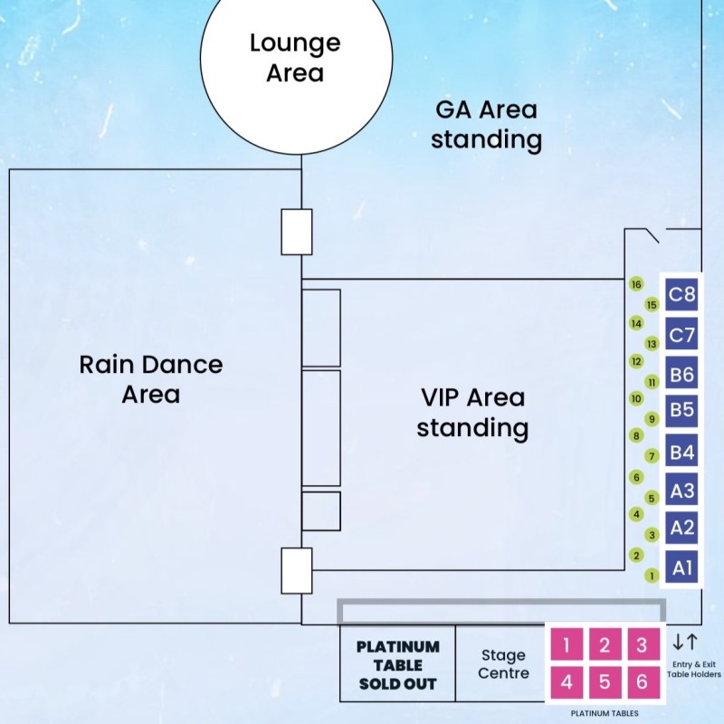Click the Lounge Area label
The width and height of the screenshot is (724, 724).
(295, 57)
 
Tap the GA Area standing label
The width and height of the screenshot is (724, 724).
(486, 125)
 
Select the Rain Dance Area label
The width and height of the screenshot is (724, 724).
(151, 379)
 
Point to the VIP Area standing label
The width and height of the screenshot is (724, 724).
(472, 412)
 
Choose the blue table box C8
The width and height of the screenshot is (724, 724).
(681, 294)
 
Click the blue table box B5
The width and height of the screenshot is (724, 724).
(681, 410)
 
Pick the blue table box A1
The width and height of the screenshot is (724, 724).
(681, 567)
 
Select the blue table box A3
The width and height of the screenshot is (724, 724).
(681, 490)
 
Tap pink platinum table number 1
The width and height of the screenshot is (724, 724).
(567, 645)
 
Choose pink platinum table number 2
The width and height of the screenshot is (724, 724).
(605, 645)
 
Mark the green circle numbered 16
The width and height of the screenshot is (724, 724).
(636, 284)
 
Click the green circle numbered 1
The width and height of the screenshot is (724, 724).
(651, 575)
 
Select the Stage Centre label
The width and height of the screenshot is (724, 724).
(502, 664)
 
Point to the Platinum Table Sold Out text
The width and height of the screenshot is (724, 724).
(397, 665)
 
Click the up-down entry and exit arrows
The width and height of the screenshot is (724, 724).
(685, 643)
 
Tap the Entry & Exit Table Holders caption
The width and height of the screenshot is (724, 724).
(694, 668)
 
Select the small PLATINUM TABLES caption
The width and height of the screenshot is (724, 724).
(605, 713)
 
